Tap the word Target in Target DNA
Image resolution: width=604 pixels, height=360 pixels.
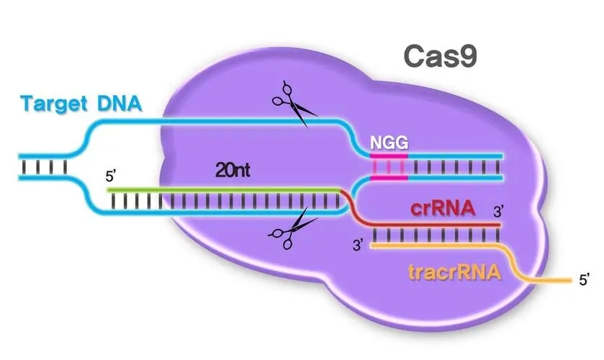[x=55, y=104]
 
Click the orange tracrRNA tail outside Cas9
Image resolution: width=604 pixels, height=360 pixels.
[x=547, y=279]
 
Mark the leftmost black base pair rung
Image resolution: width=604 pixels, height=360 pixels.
[x=25, y=166]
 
